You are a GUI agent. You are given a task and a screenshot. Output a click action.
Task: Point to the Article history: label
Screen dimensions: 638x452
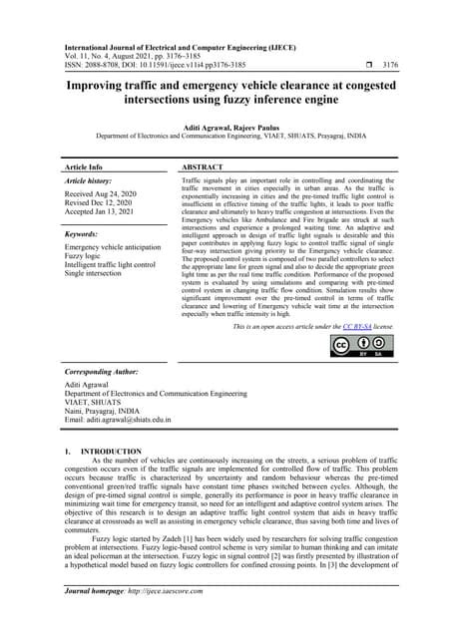[x=89, y=182]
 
